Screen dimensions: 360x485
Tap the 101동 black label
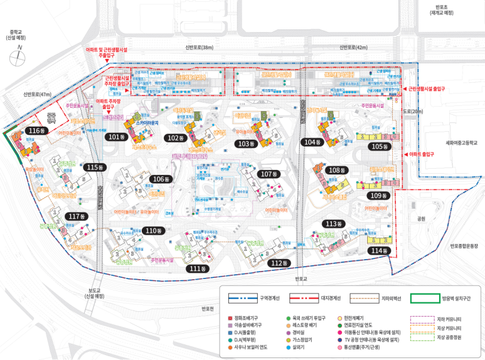click(117, 137)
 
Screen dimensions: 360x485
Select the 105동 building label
click(380, 146)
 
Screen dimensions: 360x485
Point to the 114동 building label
click(379, 250)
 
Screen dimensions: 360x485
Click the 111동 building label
click(198, 268)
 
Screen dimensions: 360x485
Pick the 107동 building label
click(269, 174)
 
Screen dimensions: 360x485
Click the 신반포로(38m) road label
click(200, 48)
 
